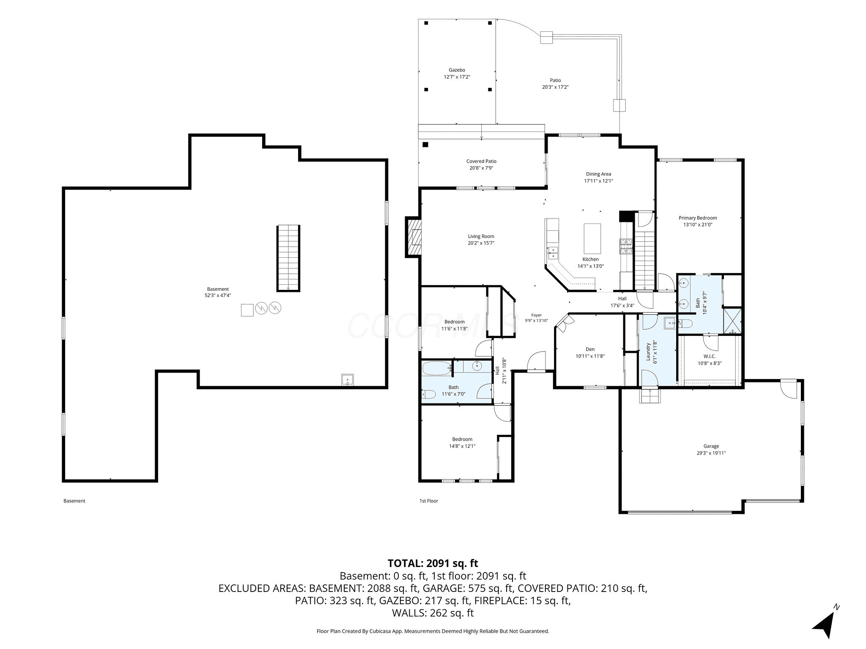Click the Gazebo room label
click(x=457, y=70)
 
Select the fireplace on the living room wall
click(x=413, y=237)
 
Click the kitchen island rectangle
click(x=592, y=238)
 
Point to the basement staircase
click(x=288, y=258)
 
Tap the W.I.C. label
click(x=710, y=356)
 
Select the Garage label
click(x=711, y=446)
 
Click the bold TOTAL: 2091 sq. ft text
click(x=433, y=563)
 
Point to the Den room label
click(x=590, y=349)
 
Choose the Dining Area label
click(x=598, y=174)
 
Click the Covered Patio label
click(x=481, y=161)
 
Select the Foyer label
click(x=536, y=315)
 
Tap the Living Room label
click(x=481, y=237)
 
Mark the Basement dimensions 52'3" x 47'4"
click(x=218, y=296)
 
